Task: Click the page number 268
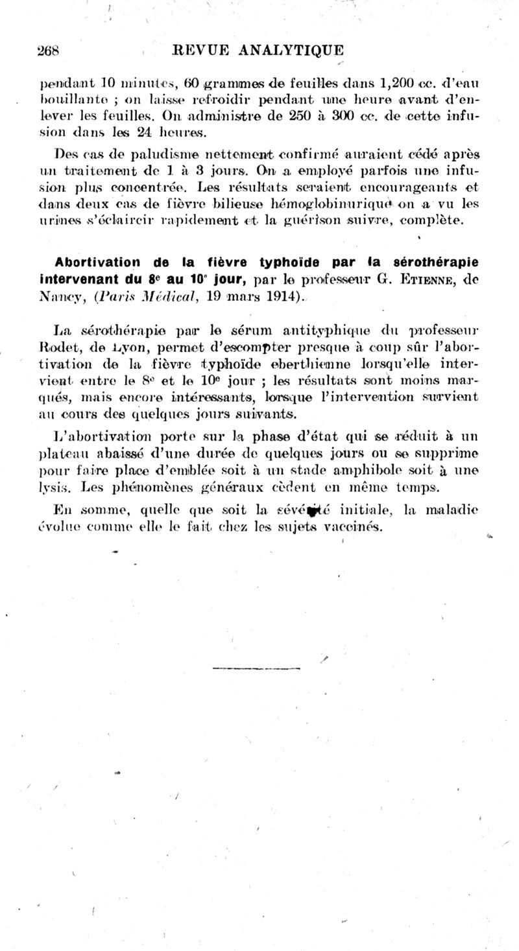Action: pos(49,51)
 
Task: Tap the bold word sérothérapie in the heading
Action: pos(435,263)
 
